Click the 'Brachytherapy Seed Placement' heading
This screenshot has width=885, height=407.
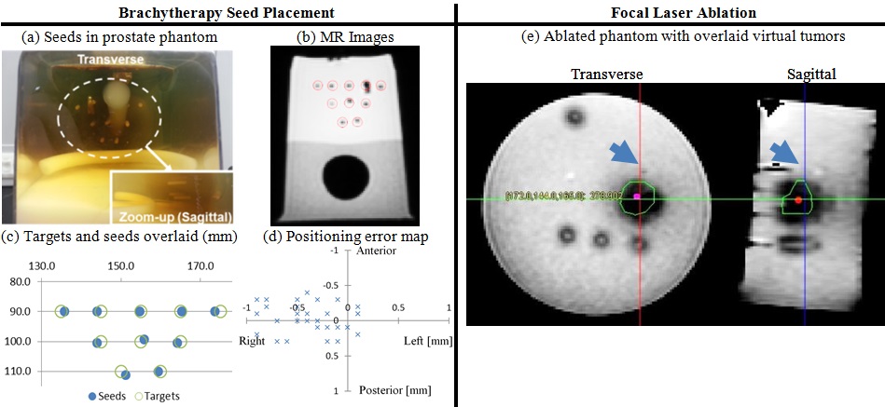[228, 12]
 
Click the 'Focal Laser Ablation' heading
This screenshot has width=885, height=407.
[671, 12]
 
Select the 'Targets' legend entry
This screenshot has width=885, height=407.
[157, 396]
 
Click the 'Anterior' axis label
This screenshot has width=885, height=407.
[378, 251]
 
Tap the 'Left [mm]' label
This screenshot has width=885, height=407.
[427, 341]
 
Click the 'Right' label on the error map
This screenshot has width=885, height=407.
[254, 341]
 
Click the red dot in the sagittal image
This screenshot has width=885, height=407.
[798, 199]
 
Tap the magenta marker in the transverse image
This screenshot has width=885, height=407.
[638, 197]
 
